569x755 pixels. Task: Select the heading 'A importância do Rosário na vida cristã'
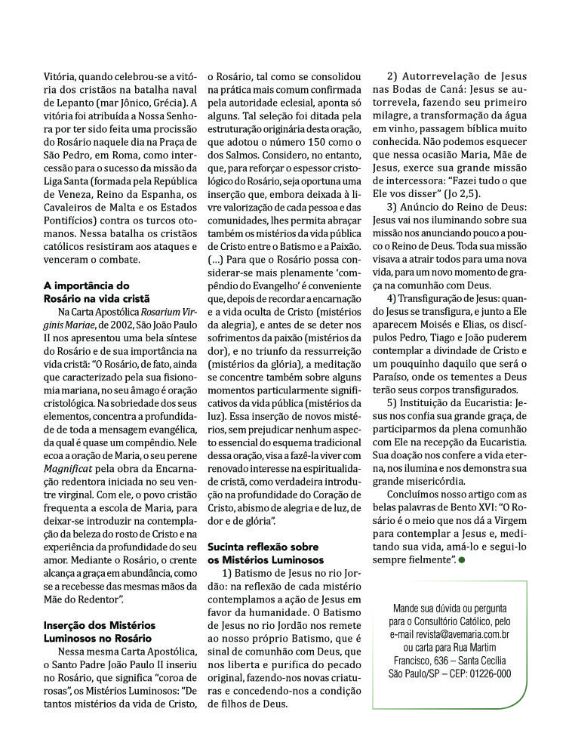87,291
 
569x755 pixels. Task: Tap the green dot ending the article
462,560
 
